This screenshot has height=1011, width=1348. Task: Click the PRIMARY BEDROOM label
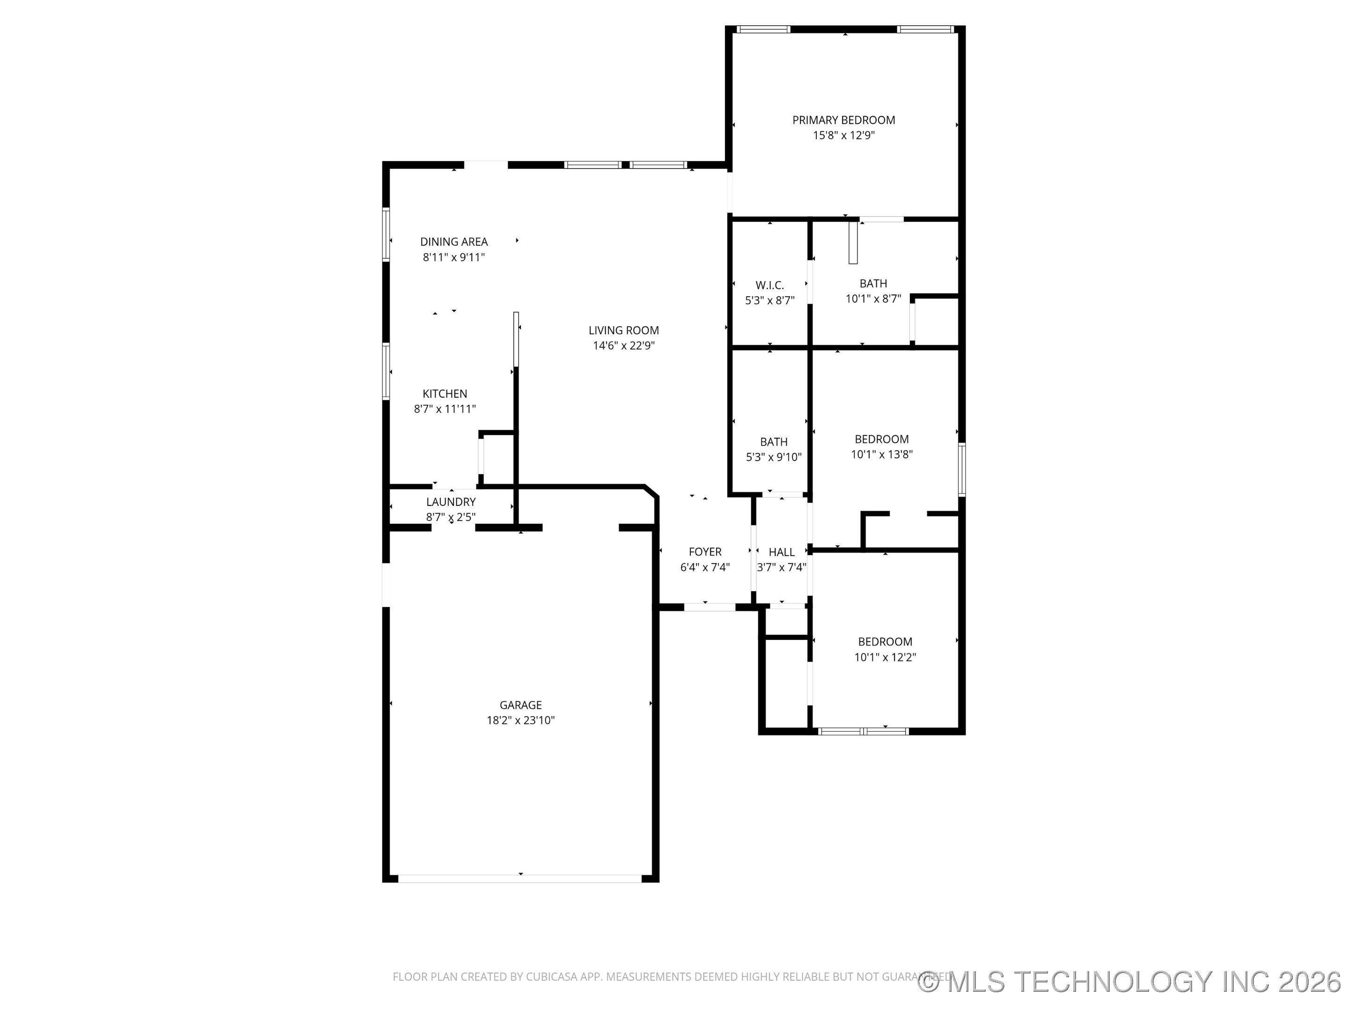click(x=843, y=120)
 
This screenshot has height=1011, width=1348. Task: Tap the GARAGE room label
click(x=520, y=705)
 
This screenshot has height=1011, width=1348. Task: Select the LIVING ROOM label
click(x=623, y=330)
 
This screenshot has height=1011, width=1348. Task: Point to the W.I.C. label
click(x=769, y=285)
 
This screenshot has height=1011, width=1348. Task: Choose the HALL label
click(x=781, y=552)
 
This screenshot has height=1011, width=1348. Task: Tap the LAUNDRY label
click(x=451, y=502)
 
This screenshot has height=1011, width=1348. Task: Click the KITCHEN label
click(x=445, y=394)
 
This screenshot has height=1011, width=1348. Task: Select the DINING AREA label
click(x=454, y=242)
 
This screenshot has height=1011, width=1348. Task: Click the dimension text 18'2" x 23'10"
click(x=520, y=720)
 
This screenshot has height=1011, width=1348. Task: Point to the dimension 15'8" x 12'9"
click(x=843, y=135)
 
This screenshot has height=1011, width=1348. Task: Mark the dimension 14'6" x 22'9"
click(x=623, y=345)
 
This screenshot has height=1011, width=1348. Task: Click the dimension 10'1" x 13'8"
click(x=882, y=454)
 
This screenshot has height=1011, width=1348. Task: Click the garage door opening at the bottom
click(x=520, y=878)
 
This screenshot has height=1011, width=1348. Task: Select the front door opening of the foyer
click(x=710, y=607)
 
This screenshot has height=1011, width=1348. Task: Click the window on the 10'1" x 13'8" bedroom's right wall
click(x=962, y=470)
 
